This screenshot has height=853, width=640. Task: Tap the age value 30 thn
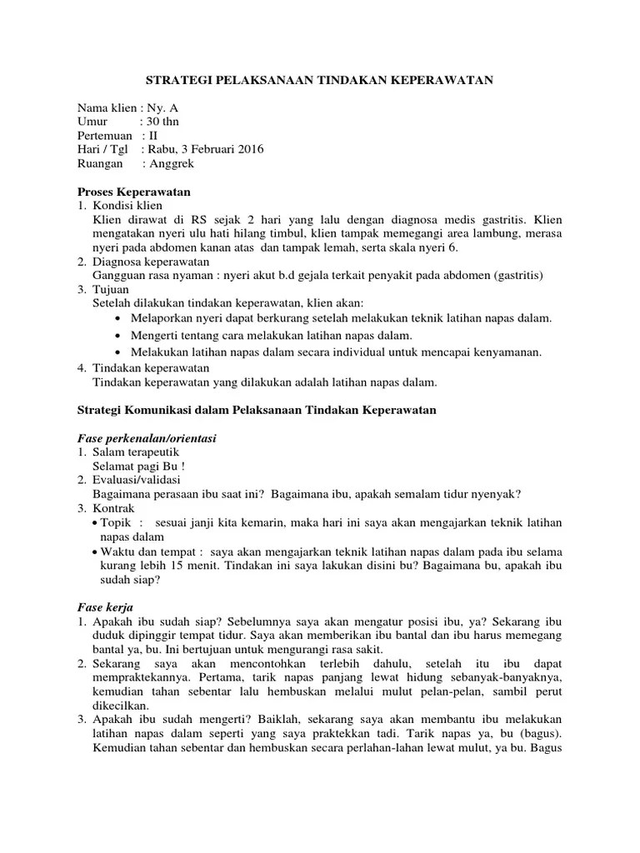tap(162, 122)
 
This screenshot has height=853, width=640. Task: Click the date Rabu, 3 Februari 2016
tap(205, 149)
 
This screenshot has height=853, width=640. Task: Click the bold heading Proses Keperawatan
tap(134, 192)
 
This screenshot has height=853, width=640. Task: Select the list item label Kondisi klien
tap(127, 205)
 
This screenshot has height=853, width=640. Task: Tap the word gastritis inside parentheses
tap(517, 275)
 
